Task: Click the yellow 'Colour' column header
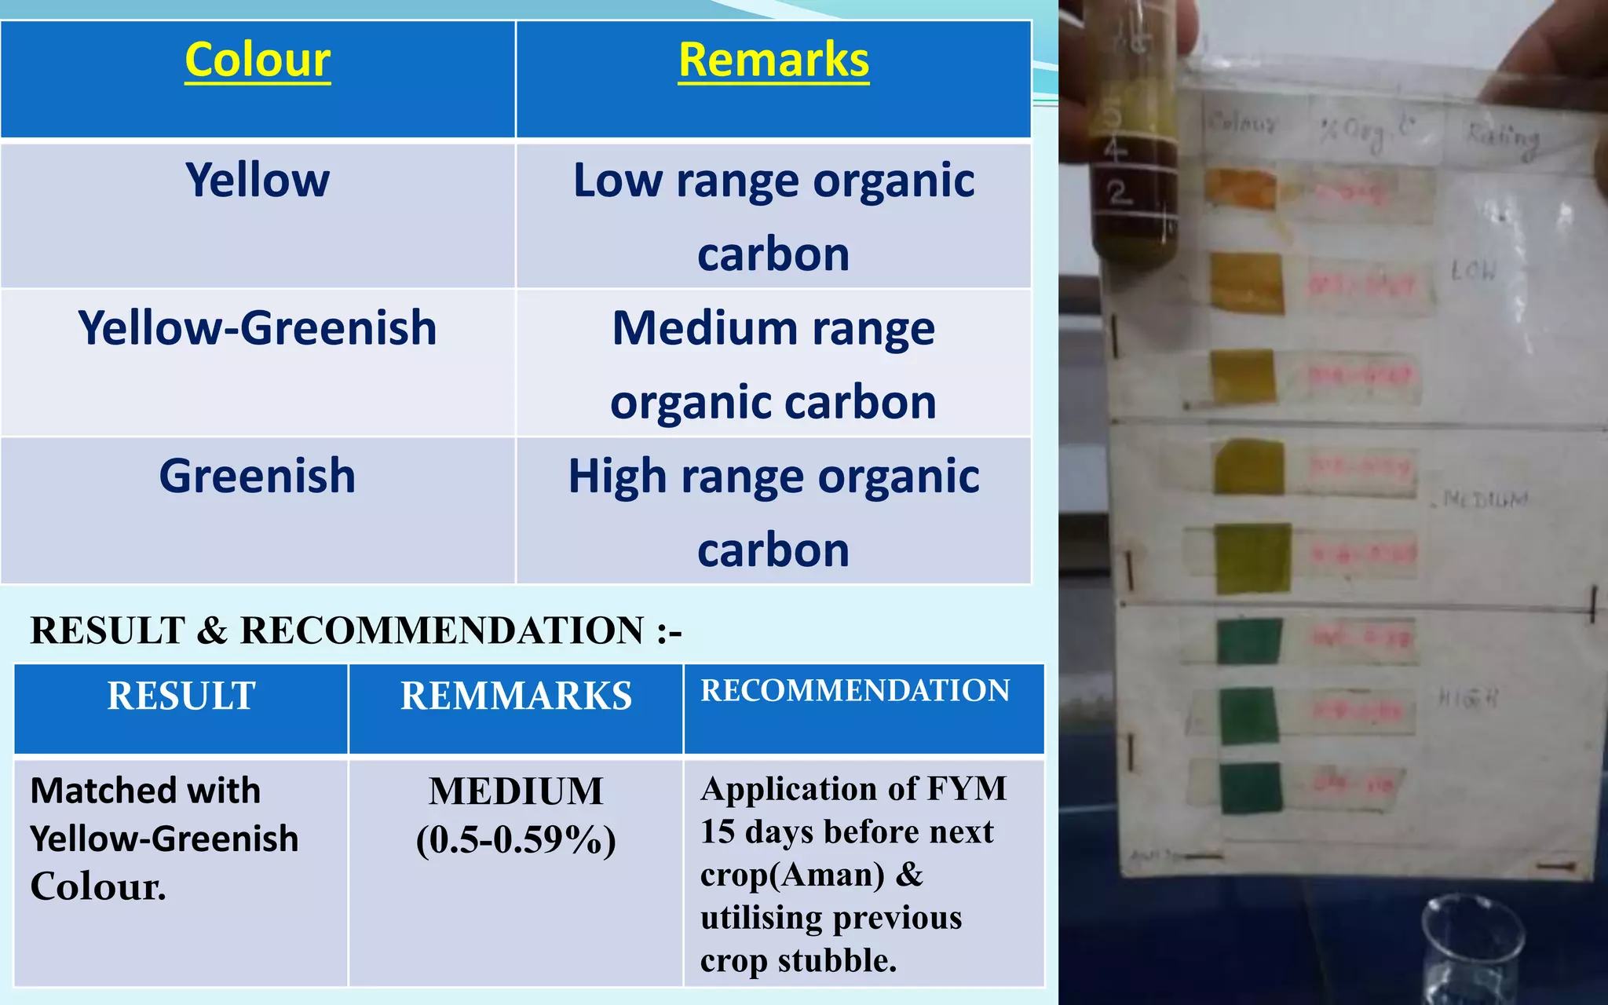(258, 60)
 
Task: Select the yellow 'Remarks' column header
(773, 60)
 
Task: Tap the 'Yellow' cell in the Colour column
(258, 181)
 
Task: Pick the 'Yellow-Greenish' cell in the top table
(258, 328)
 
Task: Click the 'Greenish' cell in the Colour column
(258, 476)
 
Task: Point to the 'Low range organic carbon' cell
(773, 216)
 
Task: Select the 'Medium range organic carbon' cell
(773, 364)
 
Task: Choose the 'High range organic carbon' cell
(773, 511)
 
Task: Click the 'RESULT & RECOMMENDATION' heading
(356, 630)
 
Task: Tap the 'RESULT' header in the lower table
(181, 696)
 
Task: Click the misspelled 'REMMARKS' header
(516, 696)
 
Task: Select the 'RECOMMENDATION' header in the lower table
(855, 691)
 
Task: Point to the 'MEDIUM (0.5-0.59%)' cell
(516, 815)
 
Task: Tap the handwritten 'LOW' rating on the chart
(1474, 272)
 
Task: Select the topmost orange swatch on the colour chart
(1241, 188)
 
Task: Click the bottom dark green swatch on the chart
(1251, 787)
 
